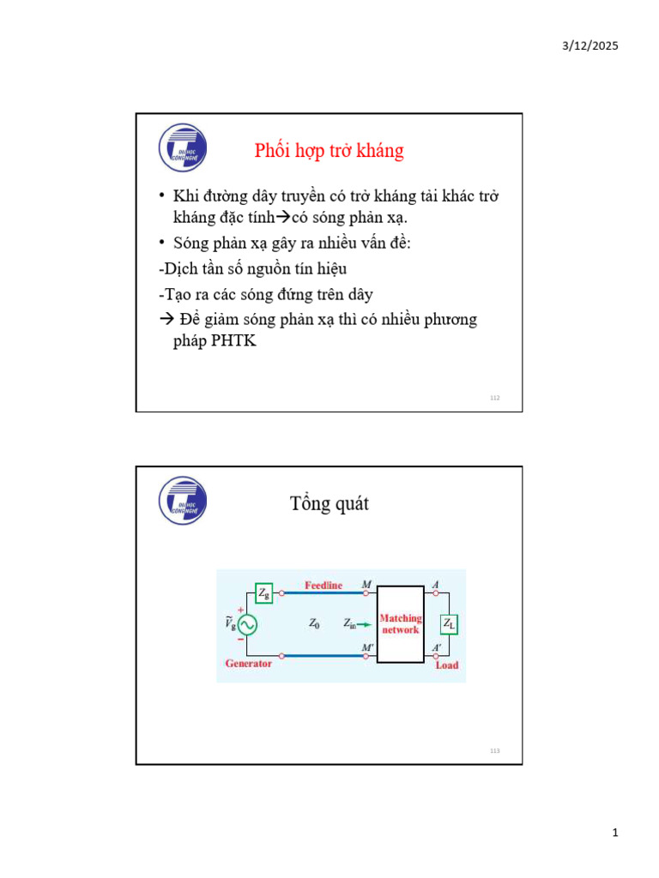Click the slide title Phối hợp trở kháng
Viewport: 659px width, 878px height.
pos(329,151)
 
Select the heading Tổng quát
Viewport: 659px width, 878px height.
pos(329,503)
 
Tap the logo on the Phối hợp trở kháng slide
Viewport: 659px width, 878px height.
pos(183,147)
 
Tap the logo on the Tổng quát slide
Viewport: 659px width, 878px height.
pos(183,500)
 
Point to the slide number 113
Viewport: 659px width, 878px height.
pos(494,751)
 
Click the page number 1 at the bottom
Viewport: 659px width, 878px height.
pos(615,833)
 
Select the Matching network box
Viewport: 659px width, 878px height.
pos(400,623)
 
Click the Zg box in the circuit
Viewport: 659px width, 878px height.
pos(264,592)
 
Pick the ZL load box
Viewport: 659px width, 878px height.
pos(449,624)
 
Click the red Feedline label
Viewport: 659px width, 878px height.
pos(323,586)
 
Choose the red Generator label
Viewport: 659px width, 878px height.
pos(248,664)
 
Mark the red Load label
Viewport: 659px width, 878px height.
pos(447,665)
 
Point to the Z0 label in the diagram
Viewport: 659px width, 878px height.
pos(314,624)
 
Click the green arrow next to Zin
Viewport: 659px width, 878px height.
pos(365,624)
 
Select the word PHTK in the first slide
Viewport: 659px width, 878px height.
pos(233,340)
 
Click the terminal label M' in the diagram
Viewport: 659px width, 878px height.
pos(367,647)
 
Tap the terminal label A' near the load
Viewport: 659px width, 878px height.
pos(437,647)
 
